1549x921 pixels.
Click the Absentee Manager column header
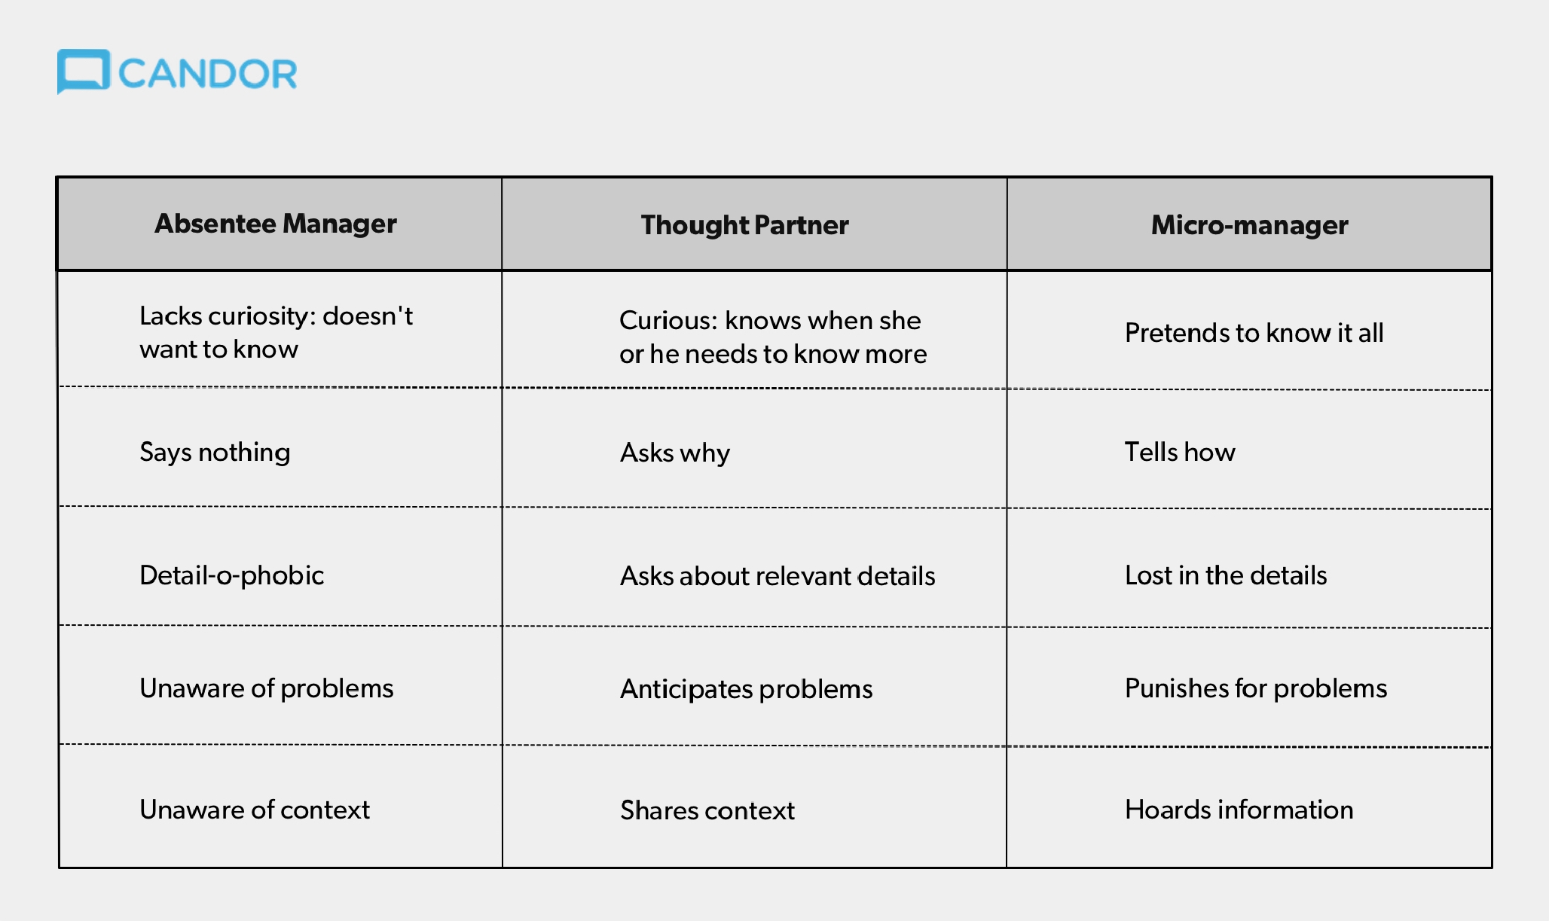point(276,224)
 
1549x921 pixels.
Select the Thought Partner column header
point(744,225)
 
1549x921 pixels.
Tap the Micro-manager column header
point(1249,225)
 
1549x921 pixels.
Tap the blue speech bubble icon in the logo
point(84,72)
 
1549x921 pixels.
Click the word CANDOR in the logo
point(208,74)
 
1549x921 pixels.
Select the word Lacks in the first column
point(170,316)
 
